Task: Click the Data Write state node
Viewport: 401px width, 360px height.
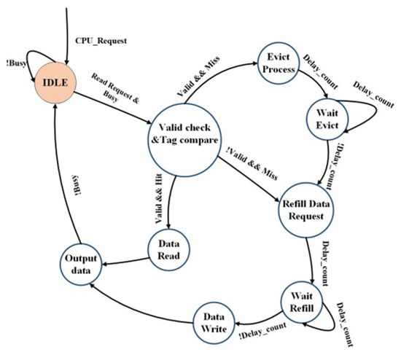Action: pos(214,321)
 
